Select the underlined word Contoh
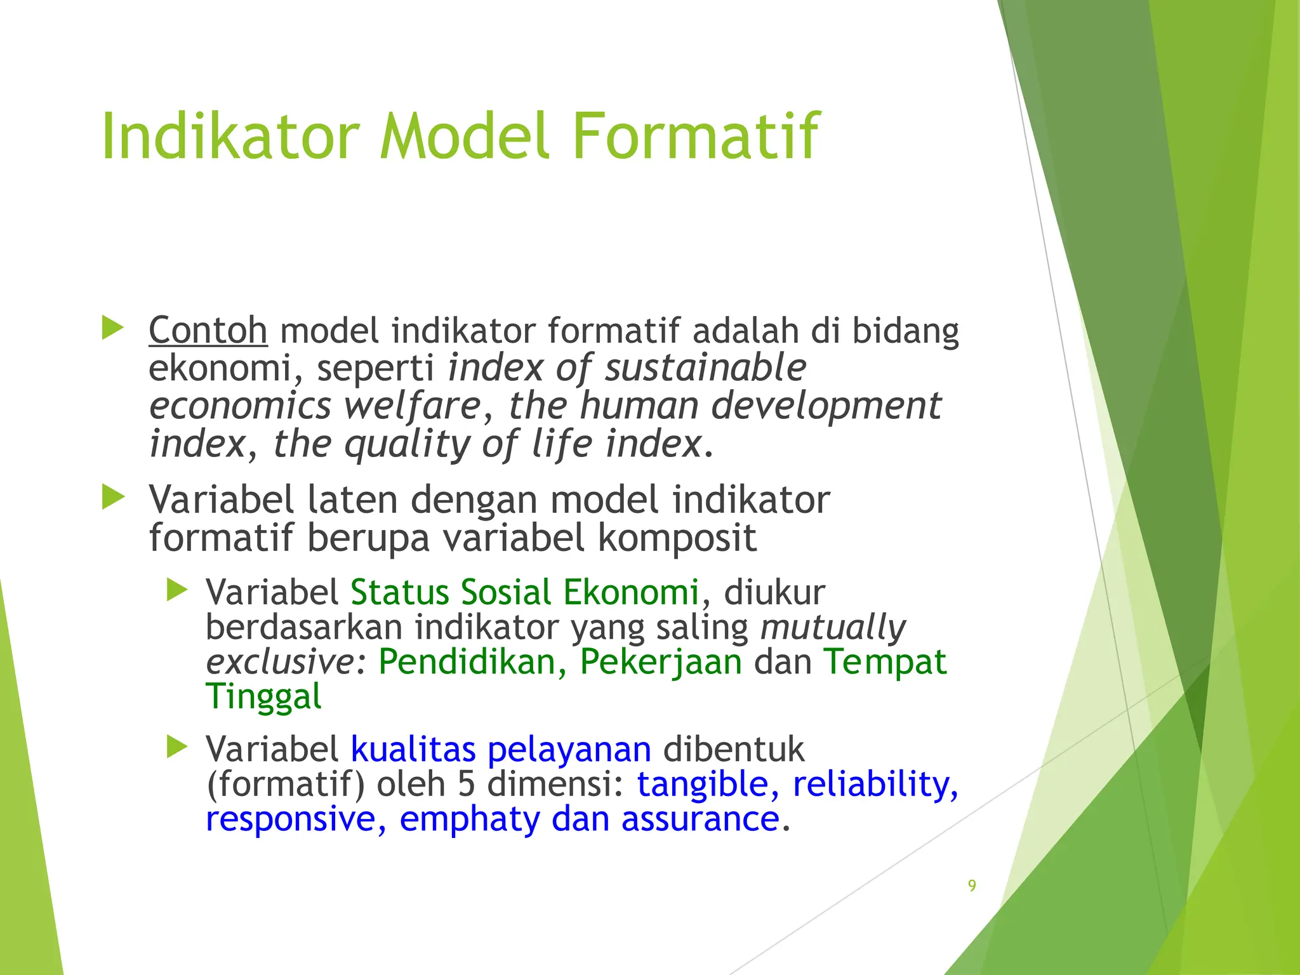(x=208, y=331)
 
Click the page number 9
(x=972, y=885)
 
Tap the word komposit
(x=677, y=538)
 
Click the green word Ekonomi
(x=631, y=592)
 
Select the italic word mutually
(x=833, y=627)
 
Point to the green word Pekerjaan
(x=661, y=662)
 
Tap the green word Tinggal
(x=263, y=697)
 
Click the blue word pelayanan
(x=569, y=750)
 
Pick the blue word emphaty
(x=469, y=819)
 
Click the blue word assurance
(x=700, y=819)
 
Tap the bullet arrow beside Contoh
(x=113, y=328)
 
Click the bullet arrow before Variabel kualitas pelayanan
(x=177, y=747)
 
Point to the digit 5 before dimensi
(x=466, y=785)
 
